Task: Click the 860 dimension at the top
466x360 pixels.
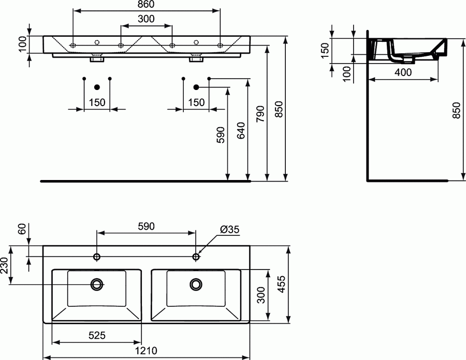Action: coord(145,5)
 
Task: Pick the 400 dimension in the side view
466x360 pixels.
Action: coord(403,73)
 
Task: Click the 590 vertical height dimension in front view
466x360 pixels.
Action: coord(221,134)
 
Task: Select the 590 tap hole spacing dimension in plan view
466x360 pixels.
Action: coord(145,227)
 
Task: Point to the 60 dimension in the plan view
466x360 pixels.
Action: coord(21,229)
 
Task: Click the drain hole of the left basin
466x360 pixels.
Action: coord(97,283)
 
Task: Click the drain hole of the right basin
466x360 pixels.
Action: coord(196,283)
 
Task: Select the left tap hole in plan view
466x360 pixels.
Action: coord(97,257)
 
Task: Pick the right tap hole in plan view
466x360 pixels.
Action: coord(196,257)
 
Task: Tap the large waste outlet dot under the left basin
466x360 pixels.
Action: coord(97,86)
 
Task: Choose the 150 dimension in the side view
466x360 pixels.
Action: coord(325,51)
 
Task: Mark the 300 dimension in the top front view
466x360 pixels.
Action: coord(145,19)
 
